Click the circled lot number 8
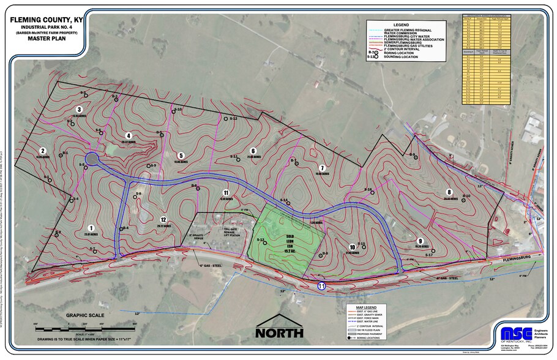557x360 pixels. tap(449, 192)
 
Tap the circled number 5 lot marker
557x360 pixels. tap(181, 156)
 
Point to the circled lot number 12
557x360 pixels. tap(163, 219)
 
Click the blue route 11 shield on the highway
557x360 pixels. tap(321, 286)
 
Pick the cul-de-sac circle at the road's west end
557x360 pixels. tap(92, 159)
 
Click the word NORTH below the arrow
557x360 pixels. tap(279, 333)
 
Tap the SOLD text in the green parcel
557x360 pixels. tap(290, 234)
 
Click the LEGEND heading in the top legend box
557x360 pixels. tap(409, 24)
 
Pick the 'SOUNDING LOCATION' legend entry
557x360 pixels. tap(401, 56)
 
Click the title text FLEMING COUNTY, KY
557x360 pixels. tap(47, 20)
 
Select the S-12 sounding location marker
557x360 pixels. tap(226, 118)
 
